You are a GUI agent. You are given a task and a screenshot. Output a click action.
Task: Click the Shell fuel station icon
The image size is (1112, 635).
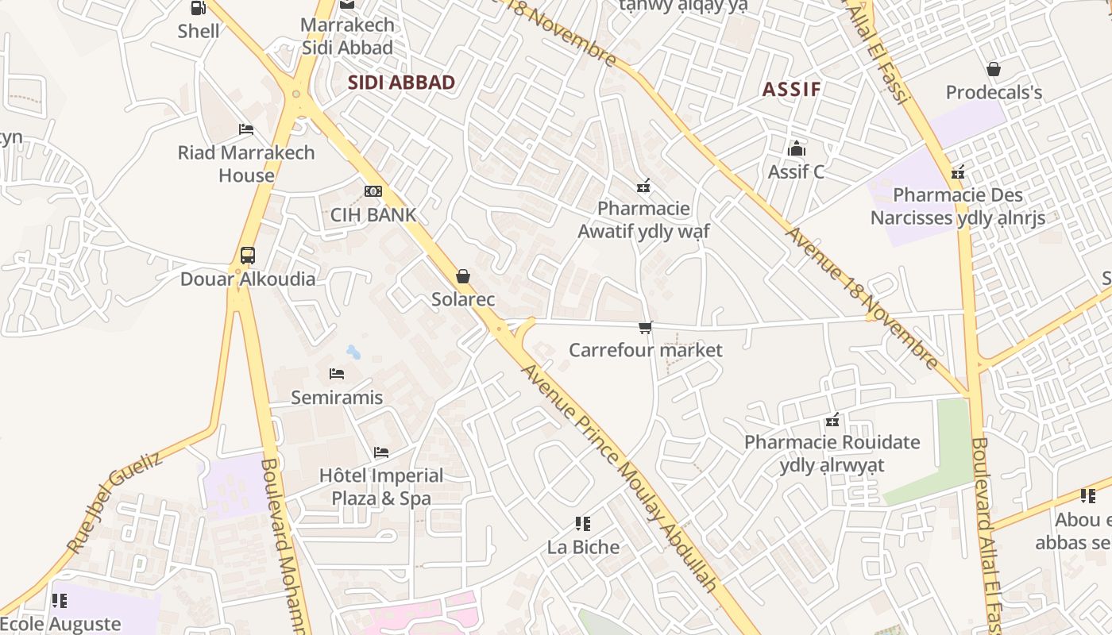198,8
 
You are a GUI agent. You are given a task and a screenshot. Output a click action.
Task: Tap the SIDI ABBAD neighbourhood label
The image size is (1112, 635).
401,83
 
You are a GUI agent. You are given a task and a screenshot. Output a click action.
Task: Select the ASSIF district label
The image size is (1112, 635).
791,89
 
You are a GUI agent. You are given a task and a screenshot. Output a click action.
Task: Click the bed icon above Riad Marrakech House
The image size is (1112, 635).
246,129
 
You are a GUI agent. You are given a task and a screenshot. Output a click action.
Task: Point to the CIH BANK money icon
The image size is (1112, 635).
373,191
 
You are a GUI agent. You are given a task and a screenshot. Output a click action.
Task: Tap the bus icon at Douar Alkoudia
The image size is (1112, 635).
248,256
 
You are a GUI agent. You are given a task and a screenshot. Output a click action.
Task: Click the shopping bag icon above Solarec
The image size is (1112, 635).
463,276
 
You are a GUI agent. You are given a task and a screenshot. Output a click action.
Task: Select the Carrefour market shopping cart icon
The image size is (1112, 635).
646,327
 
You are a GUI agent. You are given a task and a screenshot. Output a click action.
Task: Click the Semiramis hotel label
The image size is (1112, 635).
337,397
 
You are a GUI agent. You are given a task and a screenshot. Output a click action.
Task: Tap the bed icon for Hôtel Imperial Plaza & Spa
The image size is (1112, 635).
381,452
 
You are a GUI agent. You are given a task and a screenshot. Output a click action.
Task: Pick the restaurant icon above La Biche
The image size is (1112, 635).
583,524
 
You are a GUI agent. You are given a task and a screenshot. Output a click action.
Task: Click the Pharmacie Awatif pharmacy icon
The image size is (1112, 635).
643,186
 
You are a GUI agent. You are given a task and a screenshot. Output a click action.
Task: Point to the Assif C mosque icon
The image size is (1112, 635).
796,148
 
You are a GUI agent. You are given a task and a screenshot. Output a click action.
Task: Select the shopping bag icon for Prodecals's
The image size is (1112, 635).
993,69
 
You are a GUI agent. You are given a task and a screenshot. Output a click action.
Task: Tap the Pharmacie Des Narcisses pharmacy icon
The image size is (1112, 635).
958,171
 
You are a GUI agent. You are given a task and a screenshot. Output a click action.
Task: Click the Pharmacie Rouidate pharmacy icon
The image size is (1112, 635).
832,419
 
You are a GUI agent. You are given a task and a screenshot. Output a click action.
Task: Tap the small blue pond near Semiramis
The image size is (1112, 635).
353,352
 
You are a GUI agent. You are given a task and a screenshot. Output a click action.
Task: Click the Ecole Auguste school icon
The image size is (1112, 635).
59,601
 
